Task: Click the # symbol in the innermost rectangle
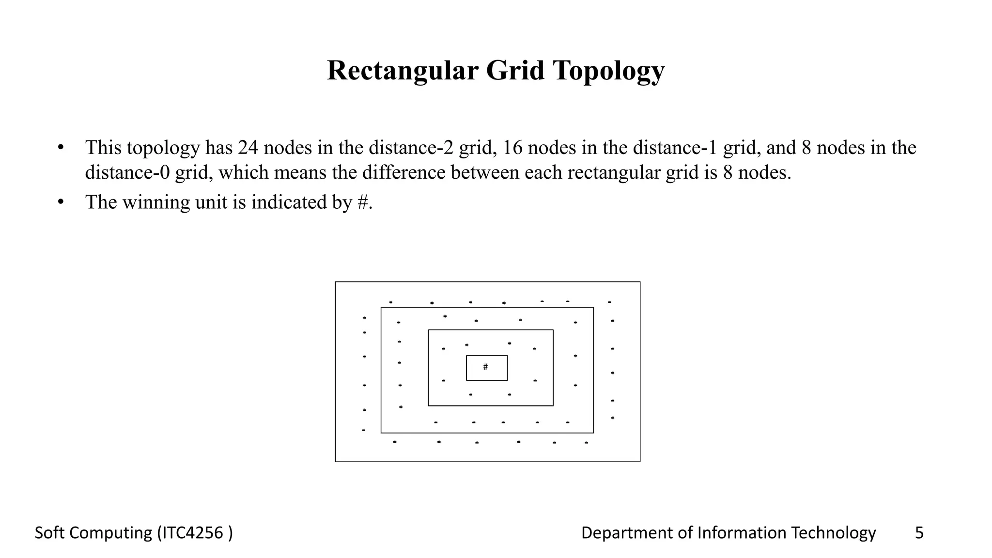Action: (485, 367)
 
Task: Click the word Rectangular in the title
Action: (403, 70)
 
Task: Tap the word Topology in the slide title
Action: (609, 71)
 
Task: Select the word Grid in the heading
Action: (515, 70)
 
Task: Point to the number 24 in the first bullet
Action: (248, 148)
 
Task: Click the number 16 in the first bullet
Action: (512, 148)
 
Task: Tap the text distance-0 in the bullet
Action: (127, 172)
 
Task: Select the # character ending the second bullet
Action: (363, 202)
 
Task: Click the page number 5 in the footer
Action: (919, 533)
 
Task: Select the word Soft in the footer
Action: (50, 533)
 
